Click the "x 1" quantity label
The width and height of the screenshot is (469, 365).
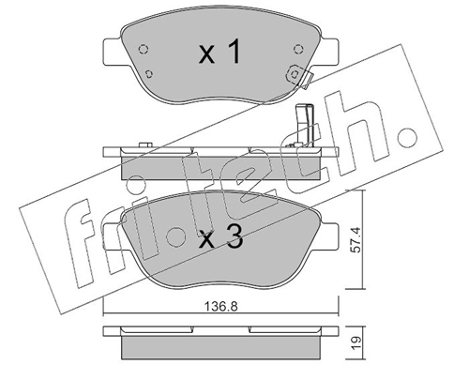coord(220,53)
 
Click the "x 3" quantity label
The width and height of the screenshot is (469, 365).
coord(221,237)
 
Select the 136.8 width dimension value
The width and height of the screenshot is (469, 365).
coord(221,306)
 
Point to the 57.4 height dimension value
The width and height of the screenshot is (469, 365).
coord(356,240)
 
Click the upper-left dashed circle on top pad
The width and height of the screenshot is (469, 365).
coord(143,49)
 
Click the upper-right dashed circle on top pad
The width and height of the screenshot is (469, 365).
coord(298,49)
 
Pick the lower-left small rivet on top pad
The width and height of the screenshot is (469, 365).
coord(149,74)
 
